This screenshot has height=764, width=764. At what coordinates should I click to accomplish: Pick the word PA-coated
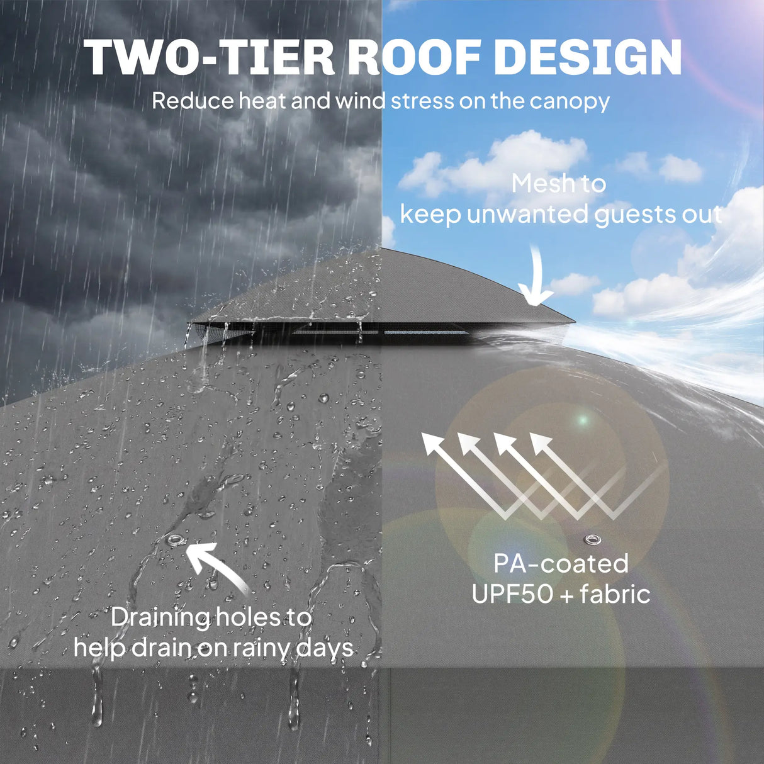(x=561, y=564)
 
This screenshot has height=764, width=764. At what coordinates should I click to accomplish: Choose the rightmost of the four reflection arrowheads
(x=542, y=443)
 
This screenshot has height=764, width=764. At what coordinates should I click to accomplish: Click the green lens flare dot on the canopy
(x=582, y=420)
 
